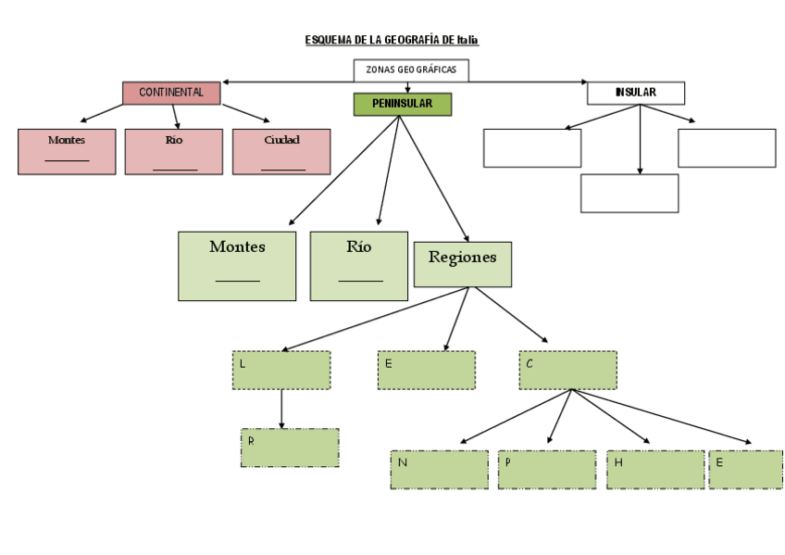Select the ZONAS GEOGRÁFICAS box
pos(411,69)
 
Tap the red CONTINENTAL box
pos(171,93)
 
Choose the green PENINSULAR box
pos(402,104)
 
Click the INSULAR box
pos(636,93)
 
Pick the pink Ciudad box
pos(281,151)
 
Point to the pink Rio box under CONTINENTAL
pos(174,151)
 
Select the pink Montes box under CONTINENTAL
pos(67,151)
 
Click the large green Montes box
pos(237,266)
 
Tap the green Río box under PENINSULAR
pos(359,266)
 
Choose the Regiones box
pos(462,264)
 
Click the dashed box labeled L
pos(281,370)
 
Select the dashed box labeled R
pos(290,448)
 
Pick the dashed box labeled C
pos(567,370)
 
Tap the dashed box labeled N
pos(439,470)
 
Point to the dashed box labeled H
pos(655,470)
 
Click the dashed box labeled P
pos(547,470)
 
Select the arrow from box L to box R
pos(281,409)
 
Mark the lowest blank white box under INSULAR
pos(629,193)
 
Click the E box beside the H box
pos(746,470)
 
